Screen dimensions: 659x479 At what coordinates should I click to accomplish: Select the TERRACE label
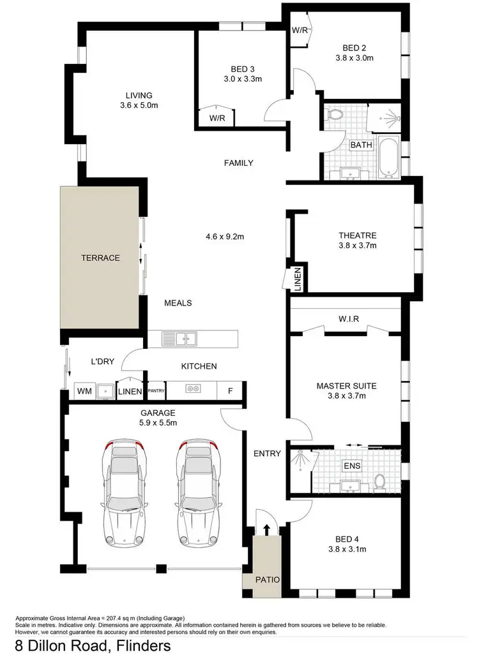100,258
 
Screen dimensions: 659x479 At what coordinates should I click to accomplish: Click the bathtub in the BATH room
388,158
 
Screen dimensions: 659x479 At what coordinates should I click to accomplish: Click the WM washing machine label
83,390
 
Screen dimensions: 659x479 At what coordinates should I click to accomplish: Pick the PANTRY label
156,390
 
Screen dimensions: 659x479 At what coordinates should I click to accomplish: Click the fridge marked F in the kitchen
229,389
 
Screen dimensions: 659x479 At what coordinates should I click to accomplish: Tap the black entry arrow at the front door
267,529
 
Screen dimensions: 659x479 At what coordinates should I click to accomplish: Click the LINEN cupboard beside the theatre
297,278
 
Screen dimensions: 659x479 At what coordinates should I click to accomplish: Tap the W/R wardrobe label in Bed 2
300,30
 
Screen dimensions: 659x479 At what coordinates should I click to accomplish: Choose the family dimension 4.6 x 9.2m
225,236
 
